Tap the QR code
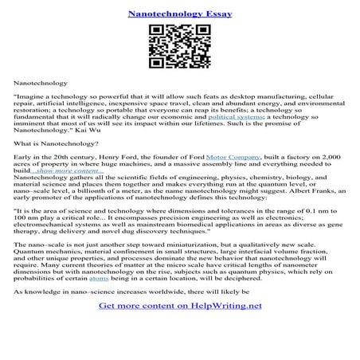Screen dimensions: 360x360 (179, 49)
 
